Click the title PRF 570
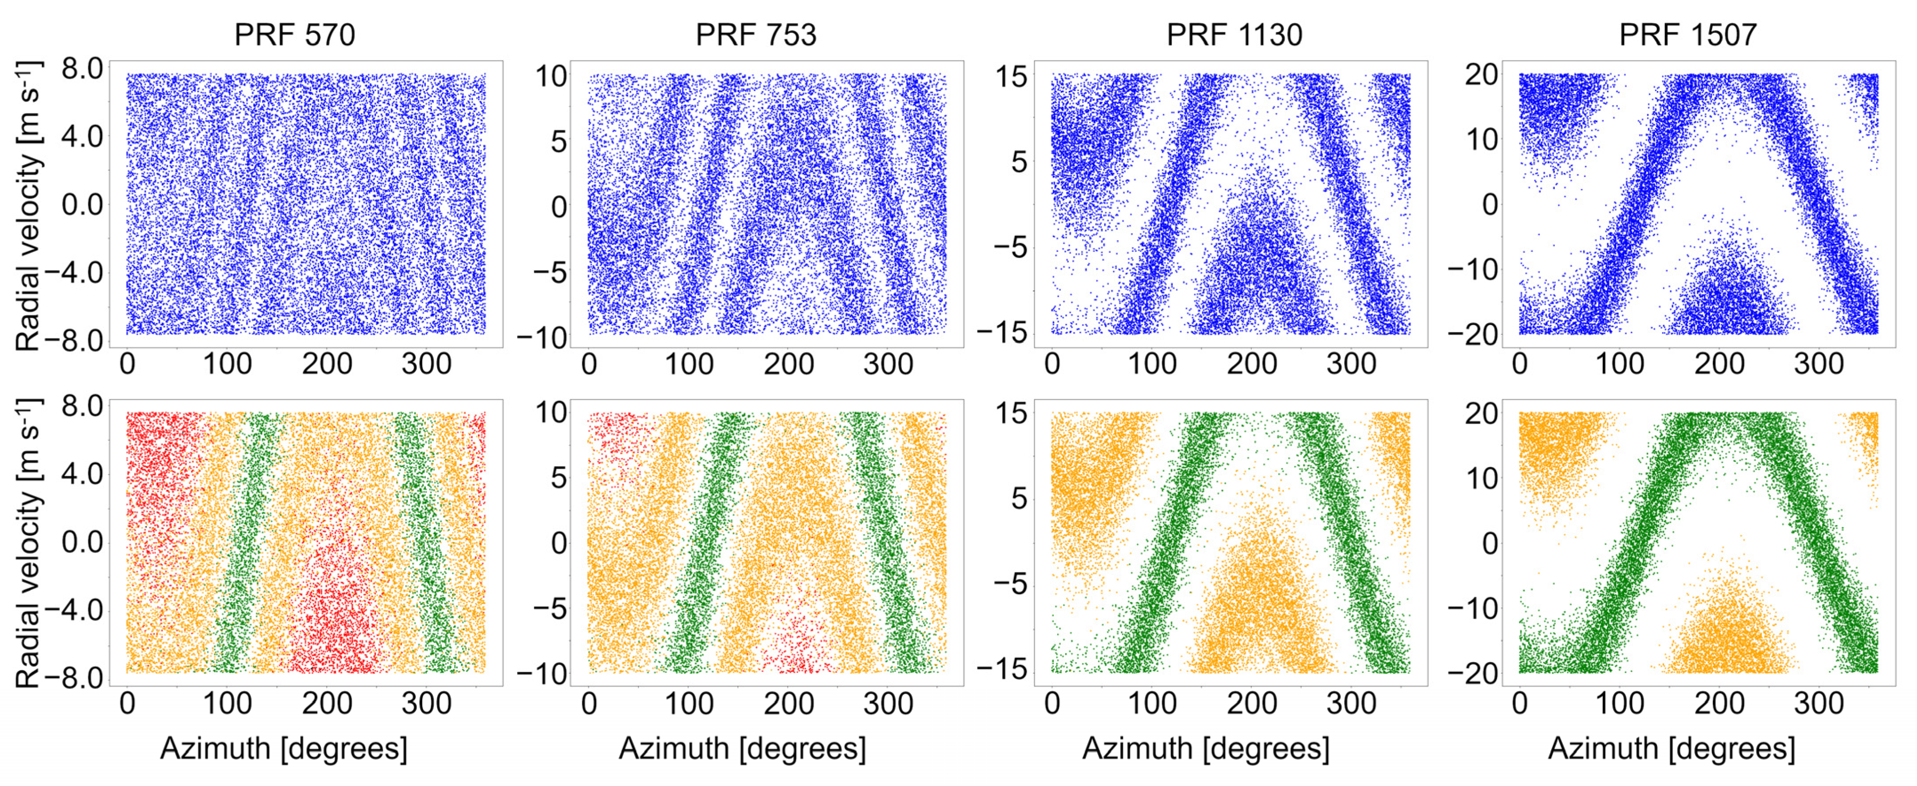(x=295, y=35)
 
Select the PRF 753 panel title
(x=755, y=35)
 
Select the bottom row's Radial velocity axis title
(x=28, y=544)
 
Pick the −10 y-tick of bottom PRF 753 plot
(x=542, y=675)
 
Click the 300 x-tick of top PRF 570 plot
(x=427, y=365)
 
